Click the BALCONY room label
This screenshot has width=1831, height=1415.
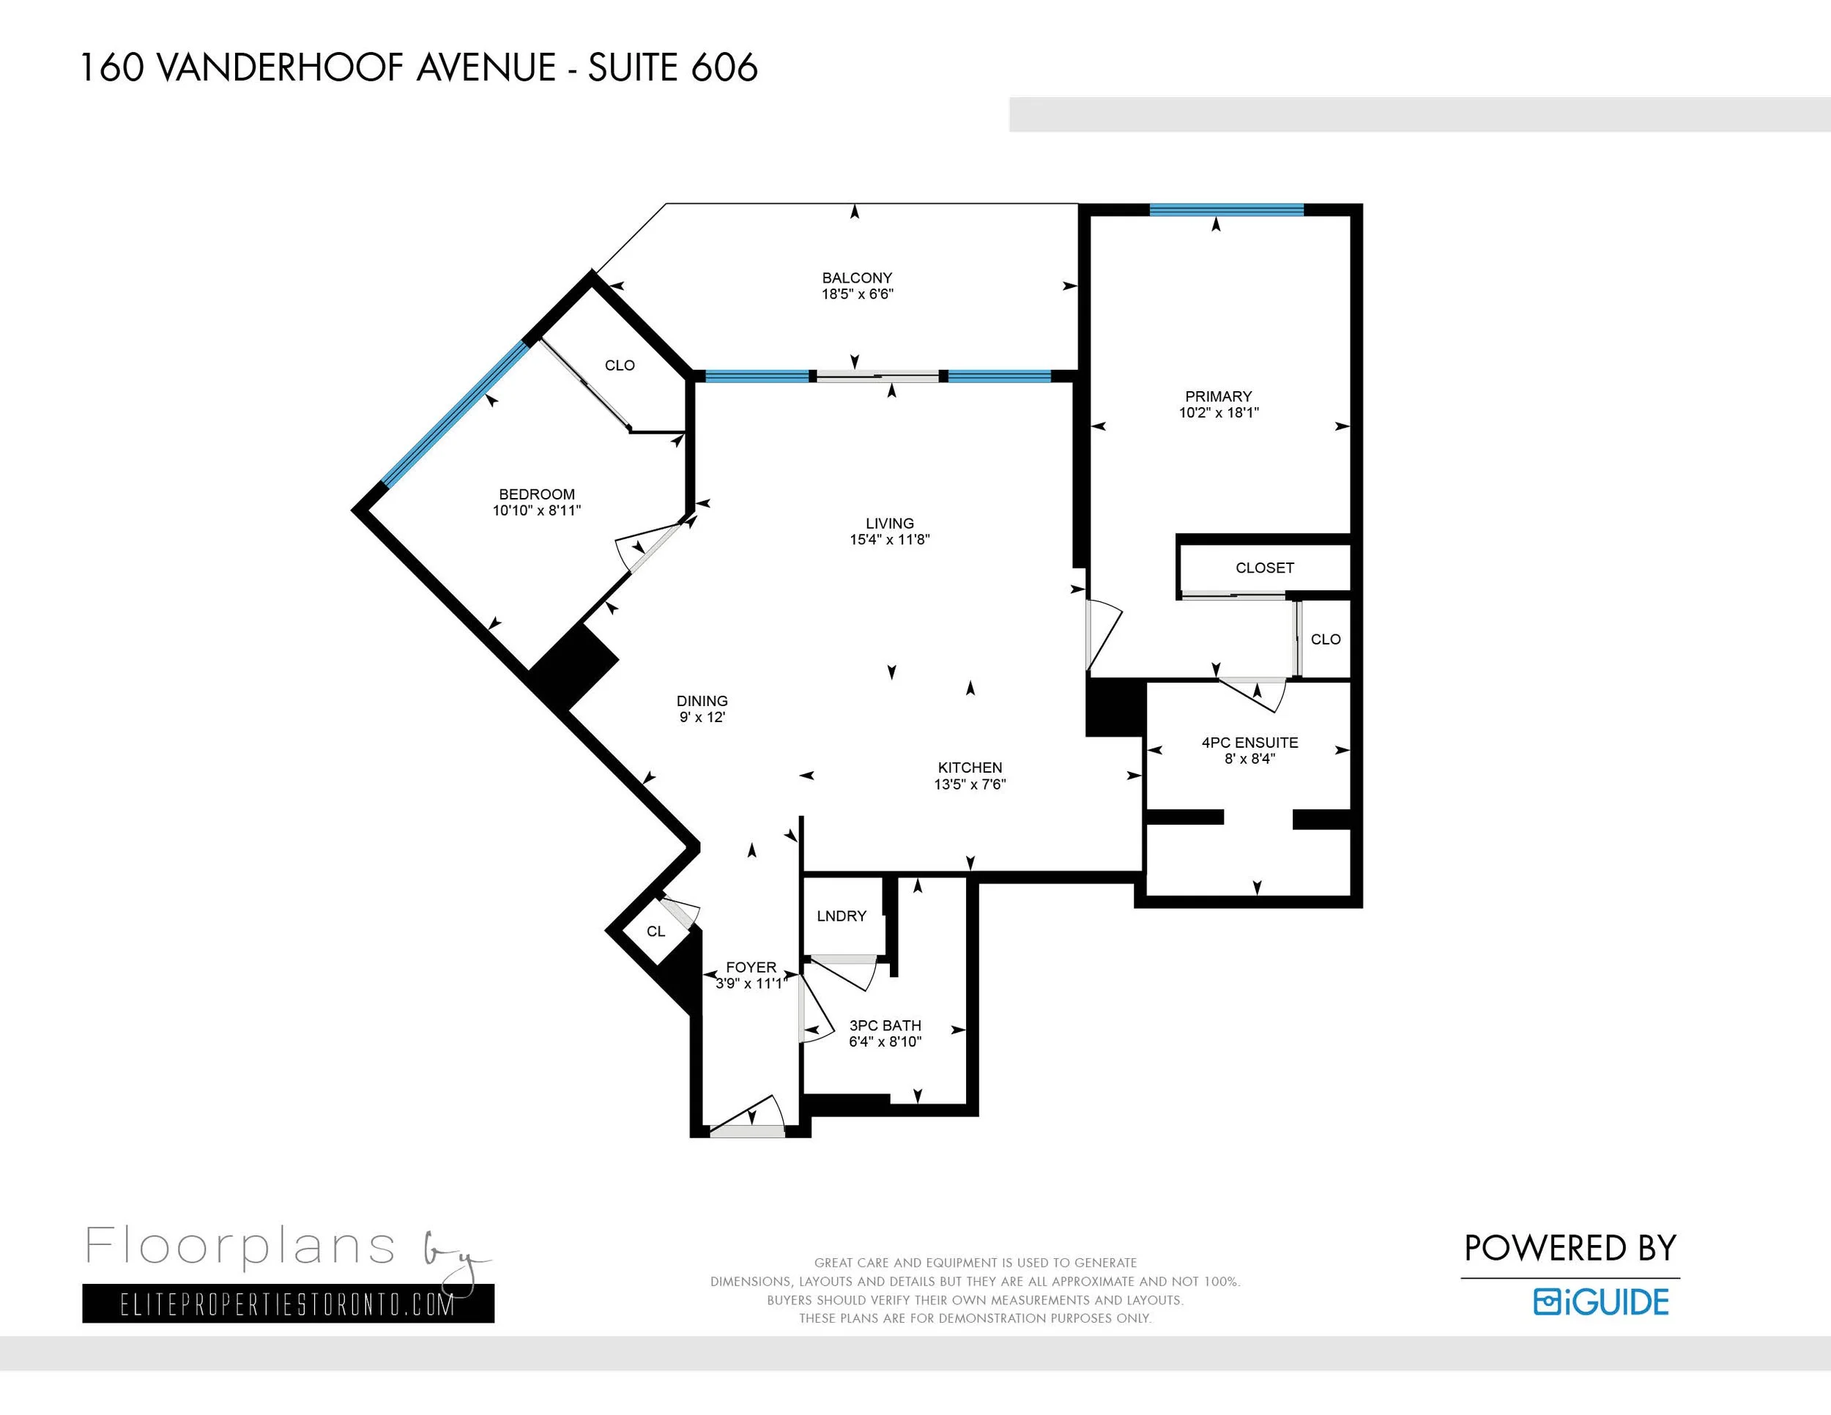point(857,278)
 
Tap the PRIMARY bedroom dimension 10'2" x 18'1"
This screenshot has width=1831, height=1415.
point(1218,412)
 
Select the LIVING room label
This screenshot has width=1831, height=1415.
point(890,523)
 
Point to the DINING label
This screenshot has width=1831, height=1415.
point(702,701)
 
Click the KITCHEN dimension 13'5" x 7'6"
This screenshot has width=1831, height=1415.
point(970,784)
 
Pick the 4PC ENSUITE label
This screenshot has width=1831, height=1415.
point(1249,742)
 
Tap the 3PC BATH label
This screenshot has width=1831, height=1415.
point(885,1025)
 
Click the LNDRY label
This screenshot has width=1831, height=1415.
point(842,916)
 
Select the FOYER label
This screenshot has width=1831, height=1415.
point(751,968)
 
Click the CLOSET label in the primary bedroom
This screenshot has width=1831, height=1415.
point(1264,568)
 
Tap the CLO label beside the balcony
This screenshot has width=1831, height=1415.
point(620,365)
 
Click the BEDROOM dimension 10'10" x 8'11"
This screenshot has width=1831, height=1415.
point(537,510)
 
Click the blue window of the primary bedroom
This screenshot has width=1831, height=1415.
point(1227,209)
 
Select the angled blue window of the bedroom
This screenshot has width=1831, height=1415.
point(457,414)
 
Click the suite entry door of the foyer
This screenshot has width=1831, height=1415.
point(747,1131)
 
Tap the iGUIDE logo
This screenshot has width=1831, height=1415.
point(1601,1301)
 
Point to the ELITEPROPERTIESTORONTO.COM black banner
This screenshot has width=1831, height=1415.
point(289,1304)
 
